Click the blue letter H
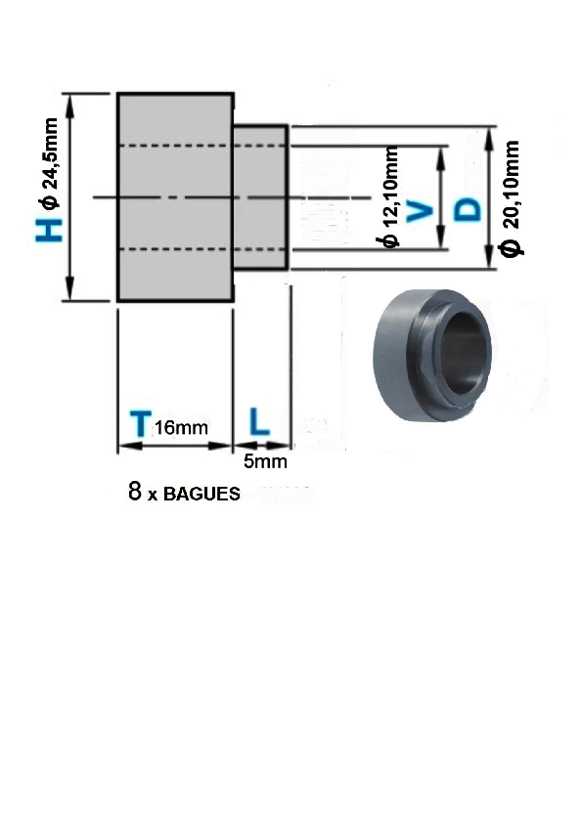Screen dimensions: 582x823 pyautogui.click(x=49, y=230)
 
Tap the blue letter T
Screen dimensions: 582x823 pyautogui.click(x=140, y=424)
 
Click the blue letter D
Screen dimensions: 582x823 pyautogui.click(x=467, y=210)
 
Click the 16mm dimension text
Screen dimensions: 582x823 pyautogui.click(x=181, y=428)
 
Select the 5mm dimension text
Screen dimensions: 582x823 pyautogui.click(x=265, y=462)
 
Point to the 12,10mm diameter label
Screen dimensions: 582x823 pyautogui.click(x=391, y=196)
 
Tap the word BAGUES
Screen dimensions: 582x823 pyautogui.click(x=201, y=494)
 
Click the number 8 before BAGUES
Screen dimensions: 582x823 pyautogui.click(x=135, y=491)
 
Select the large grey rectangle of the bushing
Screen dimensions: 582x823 pyautogui.click(x=175, y=196)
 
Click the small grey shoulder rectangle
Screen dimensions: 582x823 pyautogui.click(x=260, y=196)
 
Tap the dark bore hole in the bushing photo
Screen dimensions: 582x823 pyautogui.click(x=463, y=353)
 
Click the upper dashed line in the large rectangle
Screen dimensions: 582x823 pyautogui.click(x=175, y=146)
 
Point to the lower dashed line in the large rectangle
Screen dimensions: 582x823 pyautogui.click(x=175, y=249)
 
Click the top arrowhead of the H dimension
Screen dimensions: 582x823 pyautogui.click(x=70, y=104)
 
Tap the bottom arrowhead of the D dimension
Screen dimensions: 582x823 pyautogui.click(x=489, y=258)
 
